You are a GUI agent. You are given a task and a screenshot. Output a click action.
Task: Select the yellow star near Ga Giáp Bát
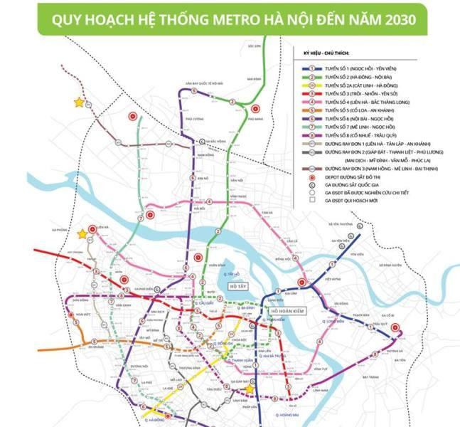(x=250, y=389)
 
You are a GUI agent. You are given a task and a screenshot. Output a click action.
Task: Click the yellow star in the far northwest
(x=78, y=102)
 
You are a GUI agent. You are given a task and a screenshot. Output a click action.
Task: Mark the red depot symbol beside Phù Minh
(x=255, y=110)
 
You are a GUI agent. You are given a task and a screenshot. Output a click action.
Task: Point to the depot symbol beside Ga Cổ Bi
(x=396, y=330)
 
